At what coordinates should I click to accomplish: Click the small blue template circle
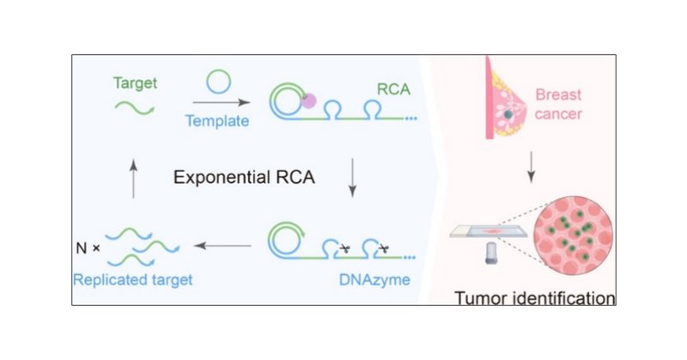click(216, 85)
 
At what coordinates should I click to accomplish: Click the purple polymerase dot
click(308, 101)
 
